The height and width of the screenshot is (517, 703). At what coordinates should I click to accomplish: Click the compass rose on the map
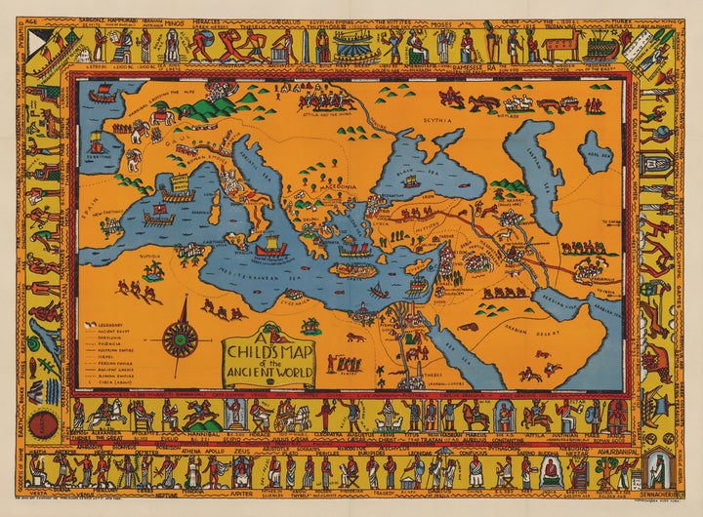[x=180, y=338]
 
